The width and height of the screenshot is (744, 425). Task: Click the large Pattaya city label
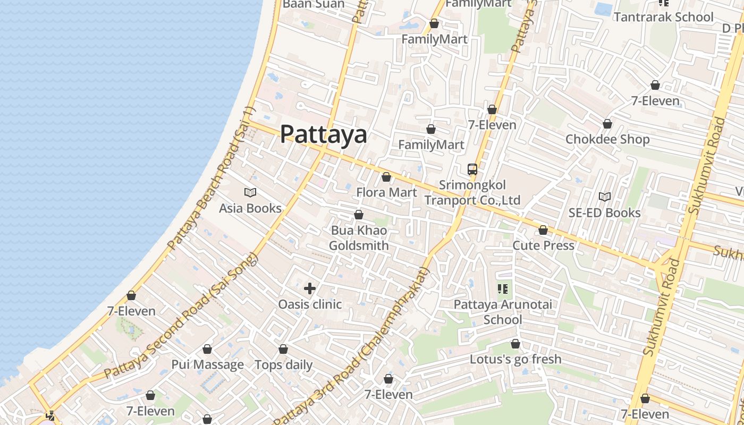[323, 134]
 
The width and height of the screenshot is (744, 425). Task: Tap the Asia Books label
[250, 208]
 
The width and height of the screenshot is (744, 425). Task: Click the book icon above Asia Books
[250, 192]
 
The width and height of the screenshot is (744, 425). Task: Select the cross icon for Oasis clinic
[310, 288]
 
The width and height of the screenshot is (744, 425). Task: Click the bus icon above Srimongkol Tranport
[472, 169]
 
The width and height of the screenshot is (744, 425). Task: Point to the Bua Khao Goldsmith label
[359, 238]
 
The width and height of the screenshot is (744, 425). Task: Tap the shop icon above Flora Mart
[386, 177]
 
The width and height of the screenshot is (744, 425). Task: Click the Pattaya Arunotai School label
[503, 312]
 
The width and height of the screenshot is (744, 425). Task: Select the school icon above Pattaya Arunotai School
[503, 289]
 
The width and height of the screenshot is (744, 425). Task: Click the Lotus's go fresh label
[515, 359]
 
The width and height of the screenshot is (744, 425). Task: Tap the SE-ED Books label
[605, 213]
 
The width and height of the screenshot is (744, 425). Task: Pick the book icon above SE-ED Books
[605, 197]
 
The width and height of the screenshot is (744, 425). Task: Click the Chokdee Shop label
[607, 139]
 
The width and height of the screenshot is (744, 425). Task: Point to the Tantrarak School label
[664, 17]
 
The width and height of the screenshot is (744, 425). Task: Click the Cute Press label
[543, 245]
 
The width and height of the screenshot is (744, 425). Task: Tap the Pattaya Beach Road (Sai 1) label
[212, 178]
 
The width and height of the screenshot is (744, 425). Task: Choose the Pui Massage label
[207, 365]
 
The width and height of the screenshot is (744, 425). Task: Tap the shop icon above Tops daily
[283, 349]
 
